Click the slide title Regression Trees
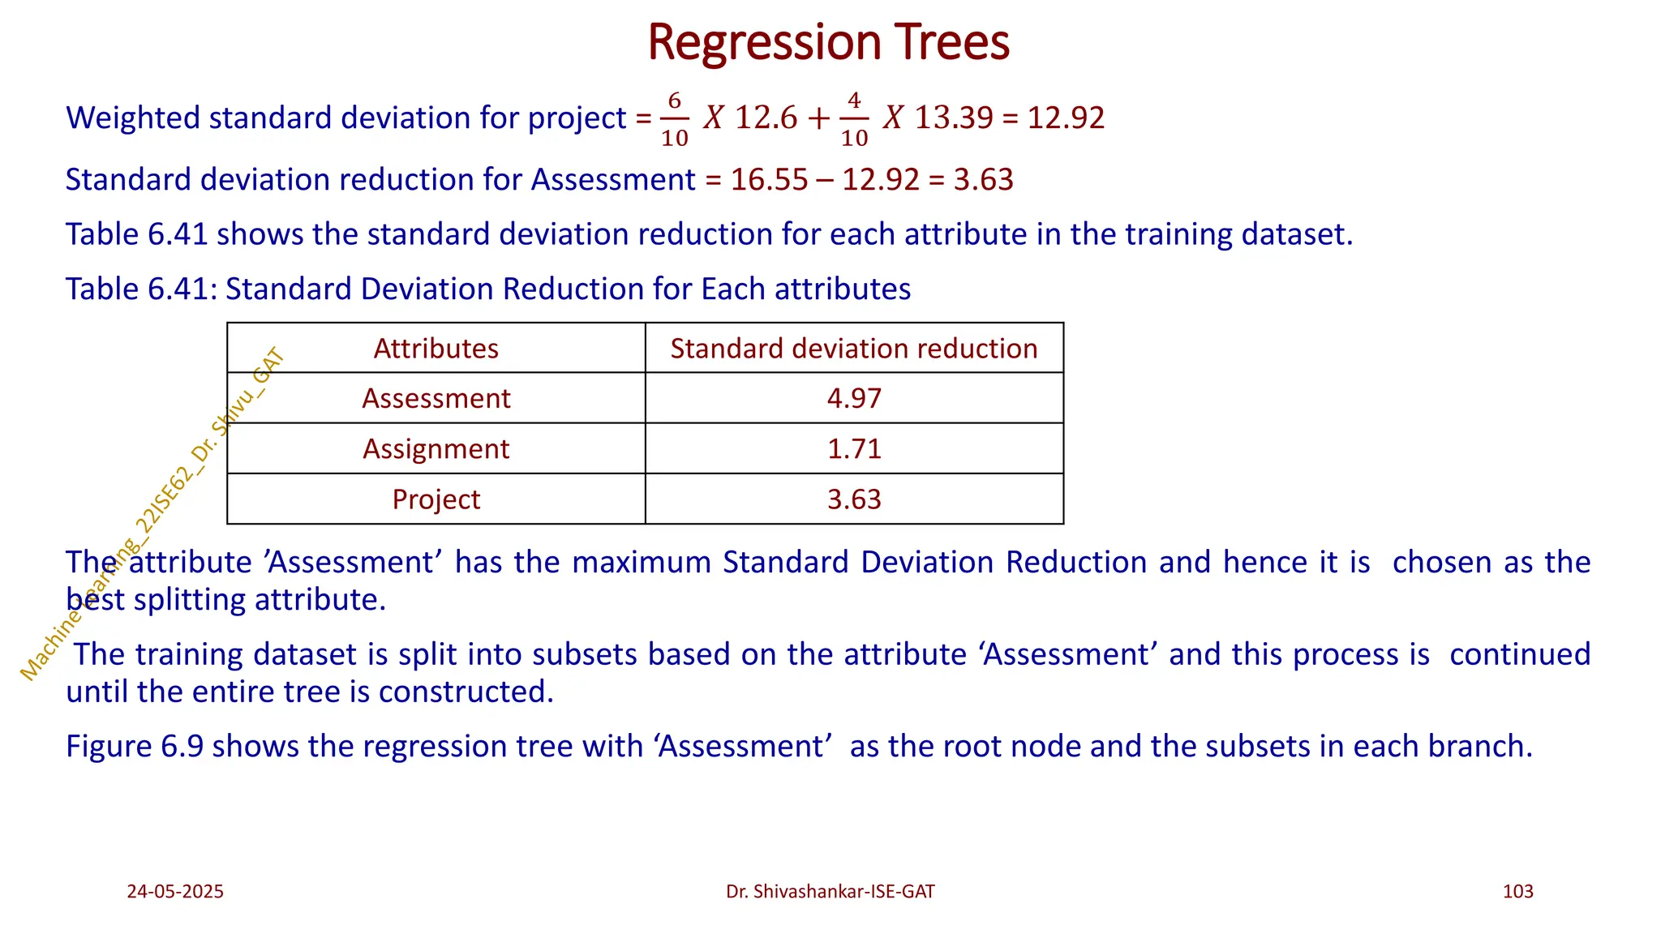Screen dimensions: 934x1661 pyautogui.click(x=828, y=42)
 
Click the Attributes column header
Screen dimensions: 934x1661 pyautogui.click(x=436, y=349)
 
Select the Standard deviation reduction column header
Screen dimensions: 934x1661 pyautogui.click(x=853, y=349)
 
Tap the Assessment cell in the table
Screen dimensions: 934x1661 pyautogui.click(x=436, y=399)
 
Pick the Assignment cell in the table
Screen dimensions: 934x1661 pyautogui.click(x=436, y=449)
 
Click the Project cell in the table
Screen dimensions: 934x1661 pyautogui.click(x=436, y=499)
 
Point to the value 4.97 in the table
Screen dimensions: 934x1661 pyautogui.click(x=853, y=399)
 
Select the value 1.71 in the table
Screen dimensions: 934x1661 pyautogui.click(x=853, y=449)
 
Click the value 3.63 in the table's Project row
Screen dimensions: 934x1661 pyautogui.click(x=853, y=499)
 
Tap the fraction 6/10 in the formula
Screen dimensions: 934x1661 pyautogui.click(x=674, y=119)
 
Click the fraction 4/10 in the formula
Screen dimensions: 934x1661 pyautogui.click(x=854, y=119)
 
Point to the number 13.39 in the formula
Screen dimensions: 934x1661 pyautogui.click(x=953, y=118)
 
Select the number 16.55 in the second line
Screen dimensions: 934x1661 pyautogui.click(x=768, y=180)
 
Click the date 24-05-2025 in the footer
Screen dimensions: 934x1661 pyautogui.click(x=175, y=892)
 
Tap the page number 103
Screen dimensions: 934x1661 pyautogui.click(x=1517, y=892)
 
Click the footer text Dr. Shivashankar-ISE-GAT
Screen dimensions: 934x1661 pyautogui.click(x=830, y=892)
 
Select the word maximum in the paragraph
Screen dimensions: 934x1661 pyautogui.click(x=641, y=563)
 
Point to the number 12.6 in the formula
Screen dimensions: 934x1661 pyautogui.click(x=766, y=118)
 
